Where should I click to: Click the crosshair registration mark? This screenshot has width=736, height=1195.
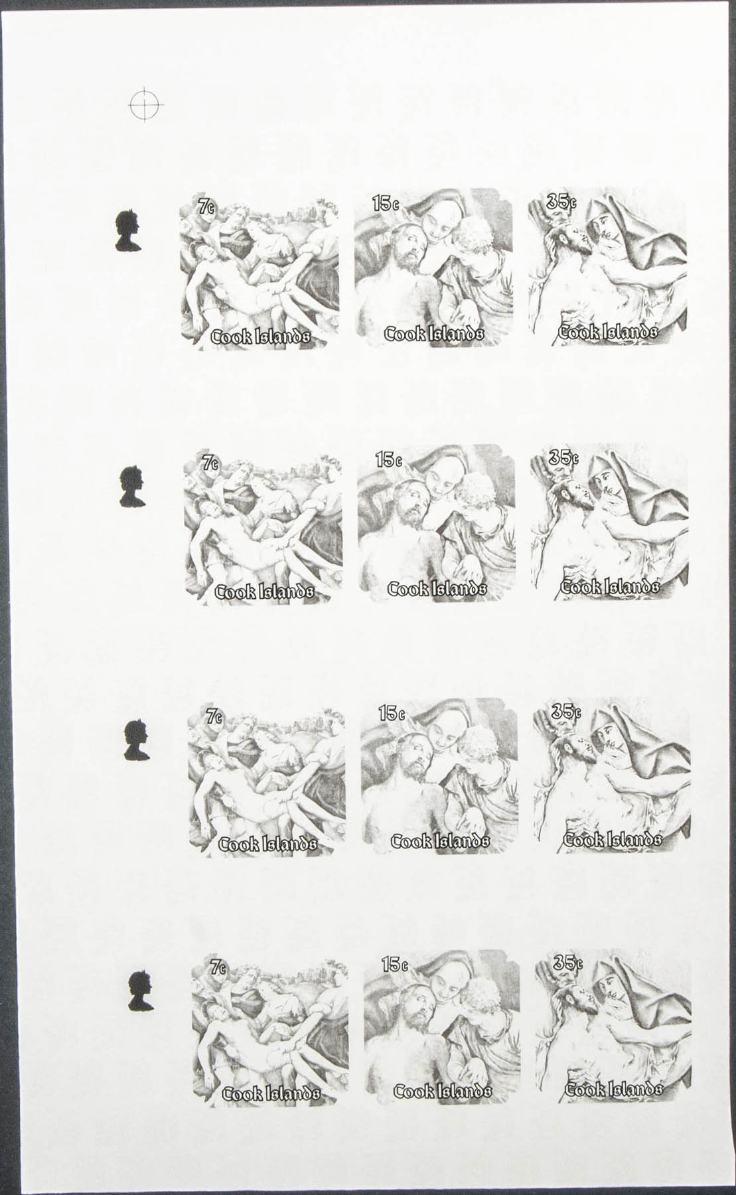click(146, 104)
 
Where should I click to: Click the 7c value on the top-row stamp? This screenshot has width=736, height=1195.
click(206, 207)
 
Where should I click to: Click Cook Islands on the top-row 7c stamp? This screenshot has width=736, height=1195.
click(260, 337)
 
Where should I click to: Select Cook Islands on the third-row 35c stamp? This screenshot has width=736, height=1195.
click(613, 839)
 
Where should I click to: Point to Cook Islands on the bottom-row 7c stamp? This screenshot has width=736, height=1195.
click(271, 1093)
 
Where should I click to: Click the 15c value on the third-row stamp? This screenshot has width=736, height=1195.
click(392, 714)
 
